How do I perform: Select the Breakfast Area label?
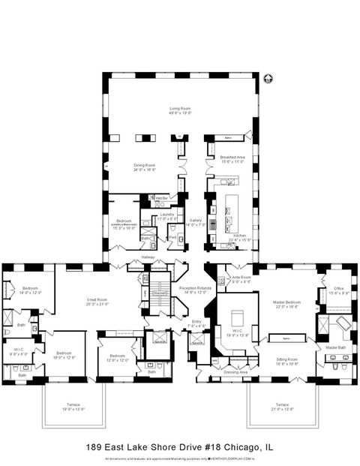[231, 157]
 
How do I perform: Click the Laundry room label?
[166, 214]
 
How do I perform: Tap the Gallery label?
[195, 221]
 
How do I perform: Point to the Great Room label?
[97, 302]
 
